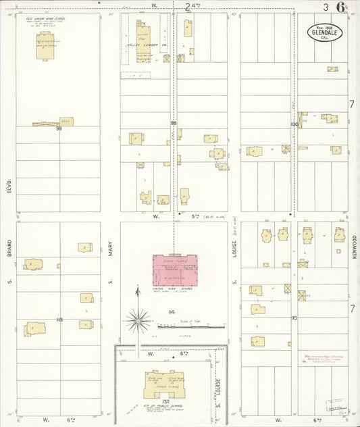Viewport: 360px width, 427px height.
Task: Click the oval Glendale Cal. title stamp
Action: pyautogui.click(x=328, y=31)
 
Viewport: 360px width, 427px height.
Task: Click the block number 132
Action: pyautogui.click(x=166, y=410)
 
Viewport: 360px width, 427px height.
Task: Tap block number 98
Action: pyautogui.click(x=59, y=128)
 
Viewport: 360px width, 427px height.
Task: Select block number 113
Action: pyautogui.click(x=59, y=319)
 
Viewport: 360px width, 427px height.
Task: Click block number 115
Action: pyautogui.click(x=294, y=318)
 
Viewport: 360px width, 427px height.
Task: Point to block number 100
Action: pyautogui.click(x=294, y=124)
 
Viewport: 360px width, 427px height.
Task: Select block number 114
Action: pyautogui.click(x=173, y=311)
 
